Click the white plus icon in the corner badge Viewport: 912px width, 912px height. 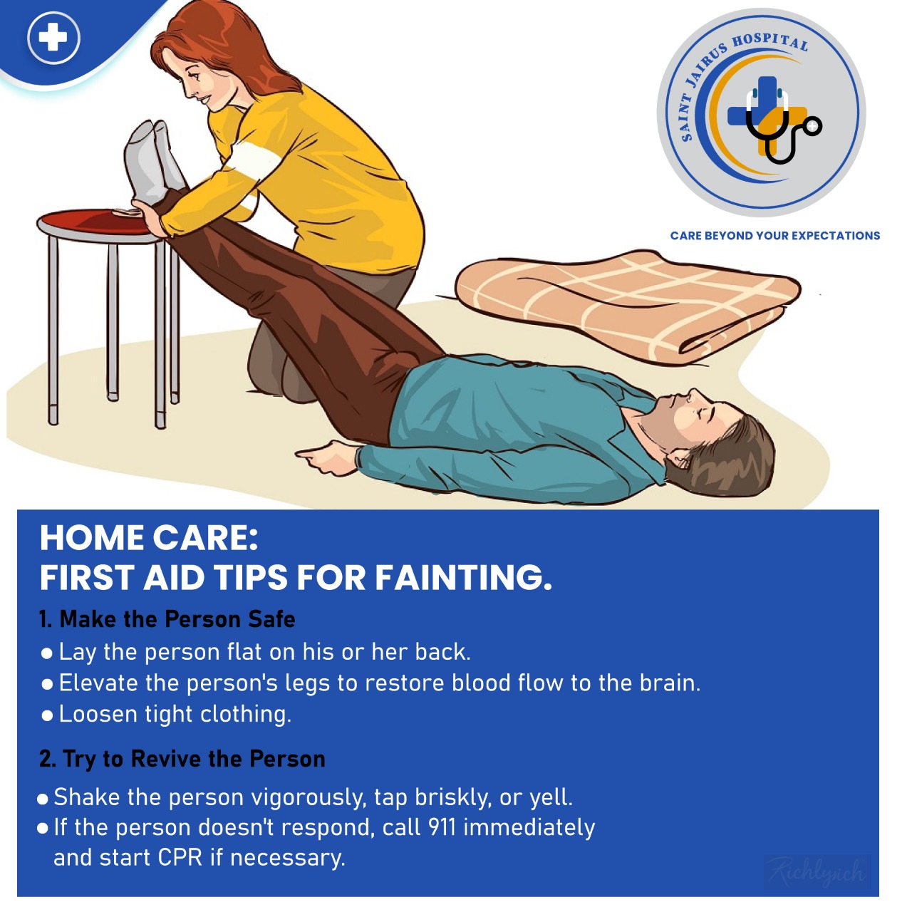53,37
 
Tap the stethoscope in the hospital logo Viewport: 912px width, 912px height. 780,127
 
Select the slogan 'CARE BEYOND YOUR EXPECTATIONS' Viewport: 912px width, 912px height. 774,236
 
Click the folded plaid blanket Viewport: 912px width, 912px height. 627,303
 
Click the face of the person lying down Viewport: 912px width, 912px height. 700,417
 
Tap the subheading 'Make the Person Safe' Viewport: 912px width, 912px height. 177,619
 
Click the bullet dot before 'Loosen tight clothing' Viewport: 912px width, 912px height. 47,715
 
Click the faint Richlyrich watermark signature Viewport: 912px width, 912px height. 817,872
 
